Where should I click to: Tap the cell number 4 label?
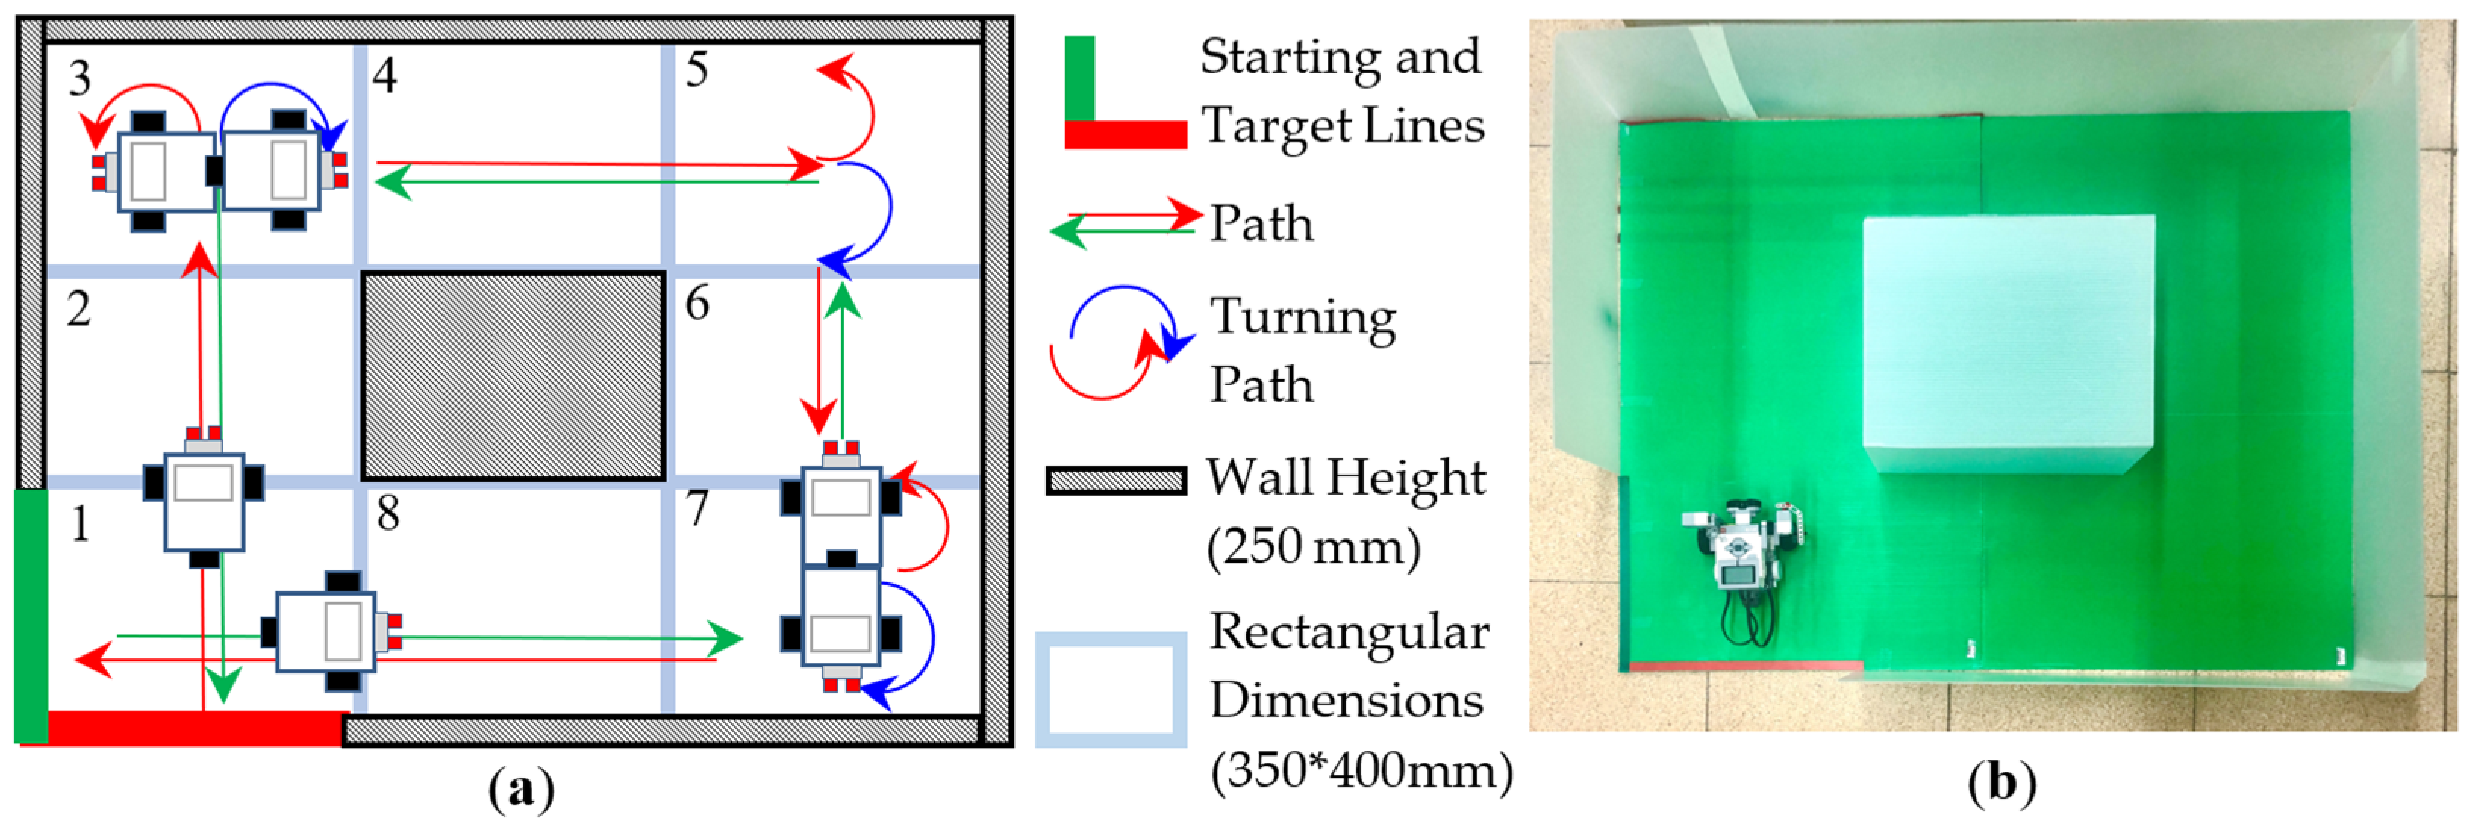point(385,75)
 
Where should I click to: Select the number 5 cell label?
point(697,70)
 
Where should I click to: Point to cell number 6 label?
point(697,304)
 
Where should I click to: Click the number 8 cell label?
point(388,514)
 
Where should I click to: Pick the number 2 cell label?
point(79,309)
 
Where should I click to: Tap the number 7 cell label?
point(697,508)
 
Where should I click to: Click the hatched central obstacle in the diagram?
point(513,376)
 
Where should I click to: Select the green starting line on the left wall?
point(31,614)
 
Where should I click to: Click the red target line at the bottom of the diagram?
point(192,727)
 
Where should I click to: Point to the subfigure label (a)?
point(521,791)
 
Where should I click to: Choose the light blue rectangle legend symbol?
point(1111,688)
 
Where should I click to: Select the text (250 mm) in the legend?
point(1313,548)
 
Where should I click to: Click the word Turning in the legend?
point(1302,317)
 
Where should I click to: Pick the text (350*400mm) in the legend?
point(1360,770)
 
